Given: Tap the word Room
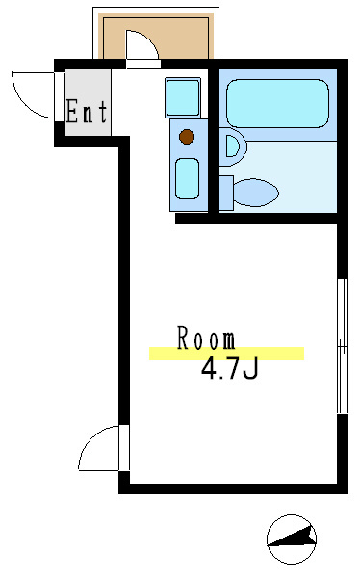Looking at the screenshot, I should point(206,338).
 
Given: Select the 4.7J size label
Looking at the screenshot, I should point(229,369).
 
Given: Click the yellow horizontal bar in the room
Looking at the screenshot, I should point(226,354).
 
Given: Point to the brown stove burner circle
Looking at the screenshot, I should point(187,137).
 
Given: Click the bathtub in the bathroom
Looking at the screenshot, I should point(276,103).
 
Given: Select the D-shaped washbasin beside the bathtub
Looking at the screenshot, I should point(233,146).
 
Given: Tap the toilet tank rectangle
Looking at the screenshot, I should point(226,192).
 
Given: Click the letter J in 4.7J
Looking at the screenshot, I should point(250,369).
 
